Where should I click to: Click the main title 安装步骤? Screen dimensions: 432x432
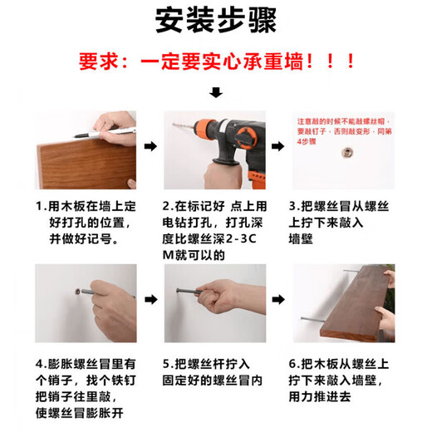(216, 21)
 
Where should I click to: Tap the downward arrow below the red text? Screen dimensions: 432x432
(216, 92)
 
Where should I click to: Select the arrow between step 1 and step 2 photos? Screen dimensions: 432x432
(150, 148)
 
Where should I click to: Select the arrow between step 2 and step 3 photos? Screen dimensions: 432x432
(277, 148)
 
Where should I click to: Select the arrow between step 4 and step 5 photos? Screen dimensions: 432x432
(150, 298)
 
